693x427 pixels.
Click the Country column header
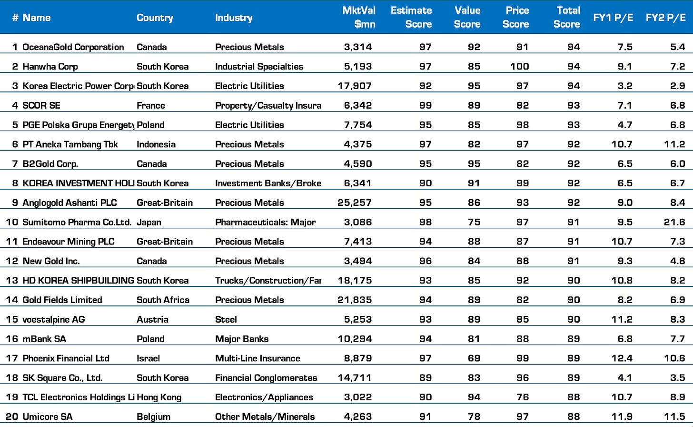tap(155, 18)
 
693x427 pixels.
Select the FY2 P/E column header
tap(665, 18)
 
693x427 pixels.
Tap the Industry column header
tap(234, 18)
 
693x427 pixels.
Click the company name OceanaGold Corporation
tap(73, 47)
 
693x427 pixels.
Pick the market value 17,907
tap(355, 86)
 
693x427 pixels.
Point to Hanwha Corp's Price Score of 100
tap(519, 66)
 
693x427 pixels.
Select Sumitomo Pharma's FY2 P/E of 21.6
tap(674, 222)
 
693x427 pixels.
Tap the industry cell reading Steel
tap(226, 319)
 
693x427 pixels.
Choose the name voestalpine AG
tap(54, 319)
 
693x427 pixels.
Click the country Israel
tap(148, 358)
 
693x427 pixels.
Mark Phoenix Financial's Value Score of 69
tap(474, 358)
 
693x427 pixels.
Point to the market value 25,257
tap(355, 203)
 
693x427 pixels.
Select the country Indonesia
tap(156, 144)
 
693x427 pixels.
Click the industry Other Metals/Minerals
tap(265, 417)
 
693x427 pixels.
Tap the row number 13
tap(12, 280)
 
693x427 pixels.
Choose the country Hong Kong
tap(159, 397)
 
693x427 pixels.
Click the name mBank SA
tap(44, 339)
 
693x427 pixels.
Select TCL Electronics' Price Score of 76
tap(523, 397)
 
